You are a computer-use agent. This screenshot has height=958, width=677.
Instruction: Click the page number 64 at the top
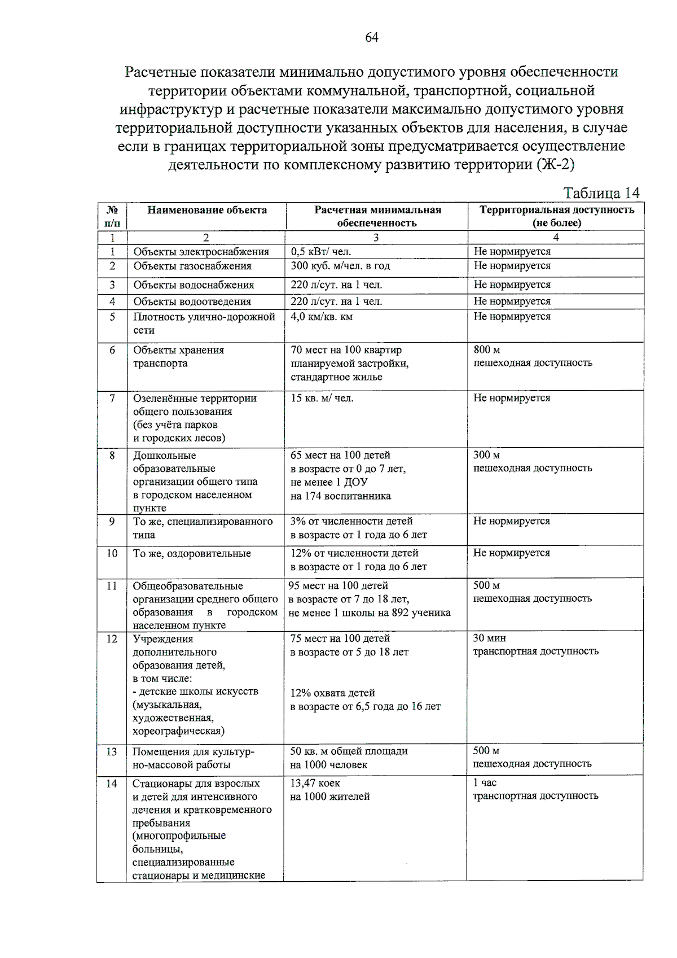coord(372,37)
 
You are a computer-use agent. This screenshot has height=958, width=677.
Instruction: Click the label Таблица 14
coord(601,193)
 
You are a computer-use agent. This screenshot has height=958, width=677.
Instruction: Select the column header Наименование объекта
coord(207,210)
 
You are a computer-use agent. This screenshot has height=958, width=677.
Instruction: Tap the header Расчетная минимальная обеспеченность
coord(377,216)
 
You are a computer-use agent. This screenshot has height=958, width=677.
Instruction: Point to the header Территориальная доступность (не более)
coord(556,216)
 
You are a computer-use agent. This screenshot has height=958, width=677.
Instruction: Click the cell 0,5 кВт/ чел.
coord(321,252)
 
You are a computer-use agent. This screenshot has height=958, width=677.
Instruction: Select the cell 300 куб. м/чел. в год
coord(340,266)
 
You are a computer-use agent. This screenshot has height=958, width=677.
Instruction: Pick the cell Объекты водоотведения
coord(192,301)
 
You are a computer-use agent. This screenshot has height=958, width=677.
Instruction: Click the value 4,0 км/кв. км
coord(322,317)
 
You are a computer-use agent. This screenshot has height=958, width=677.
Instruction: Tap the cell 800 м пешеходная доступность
coord(533,356)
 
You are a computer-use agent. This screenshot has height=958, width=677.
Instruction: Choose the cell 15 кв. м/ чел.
coord(322,399)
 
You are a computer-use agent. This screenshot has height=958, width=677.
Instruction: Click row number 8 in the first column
coord(112,455)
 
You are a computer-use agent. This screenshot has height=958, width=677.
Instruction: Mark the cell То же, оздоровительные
coord(192,554)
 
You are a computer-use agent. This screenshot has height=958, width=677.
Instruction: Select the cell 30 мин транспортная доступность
coord(535,645)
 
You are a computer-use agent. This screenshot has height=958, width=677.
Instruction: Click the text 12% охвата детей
coord(332,693)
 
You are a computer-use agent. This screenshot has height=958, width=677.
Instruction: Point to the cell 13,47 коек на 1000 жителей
coord(329,790)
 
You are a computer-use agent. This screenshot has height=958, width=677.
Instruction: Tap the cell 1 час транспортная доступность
coord(535,789)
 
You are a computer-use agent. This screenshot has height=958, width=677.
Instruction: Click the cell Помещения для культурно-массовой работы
coord(193,758)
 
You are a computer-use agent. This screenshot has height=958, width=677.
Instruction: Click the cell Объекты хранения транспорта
coord(178,357)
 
